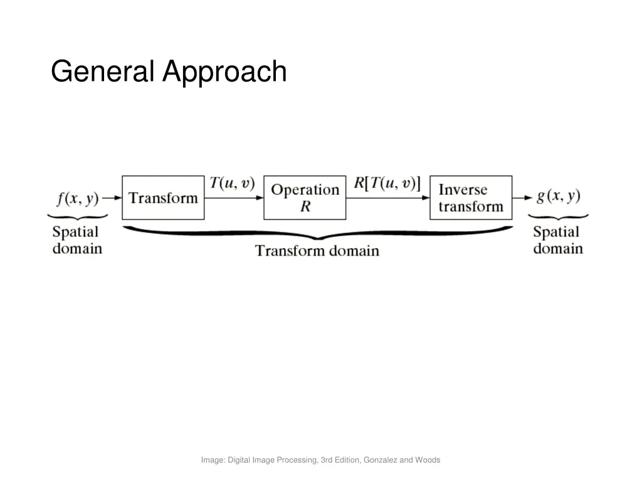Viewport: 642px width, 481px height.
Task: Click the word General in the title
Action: [103, 71]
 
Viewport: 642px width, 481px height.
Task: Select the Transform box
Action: [163, 198]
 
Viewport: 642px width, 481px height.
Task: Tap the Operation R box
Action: [305, 198]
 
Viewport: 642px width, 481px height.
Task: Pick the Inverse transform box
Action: [470, 198]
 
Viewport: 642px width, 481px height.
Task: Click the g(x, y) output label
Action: [559, 196]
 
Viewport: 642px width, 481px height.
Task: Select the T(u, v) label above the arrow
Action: [232, 183]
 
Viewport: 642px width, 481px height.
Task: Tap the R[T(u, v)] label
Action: [387, 183]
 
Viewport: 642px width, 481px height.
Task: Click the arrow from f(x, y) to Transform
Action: [112, 198]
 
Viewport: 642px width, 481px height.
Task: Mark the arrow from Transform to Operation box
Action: [234, 198]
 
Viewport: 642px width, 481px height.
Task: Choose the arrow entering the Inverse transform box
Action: [387, 198]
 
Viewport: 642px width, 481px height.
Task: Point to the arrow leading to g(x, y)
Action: [522, 198]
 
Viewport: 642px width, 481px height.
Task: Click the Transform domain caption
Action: [317, 251]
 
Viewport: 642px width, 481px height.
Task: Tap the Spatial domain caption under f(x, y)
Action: [76, 240]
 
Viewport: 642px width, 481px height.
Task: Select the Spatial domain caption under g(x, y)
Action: [557, 240]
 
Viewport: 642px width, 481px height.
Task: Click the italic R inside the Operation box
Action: [305, 206]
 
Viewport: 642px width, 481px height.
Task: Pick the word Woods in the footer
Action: [428, 460]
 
